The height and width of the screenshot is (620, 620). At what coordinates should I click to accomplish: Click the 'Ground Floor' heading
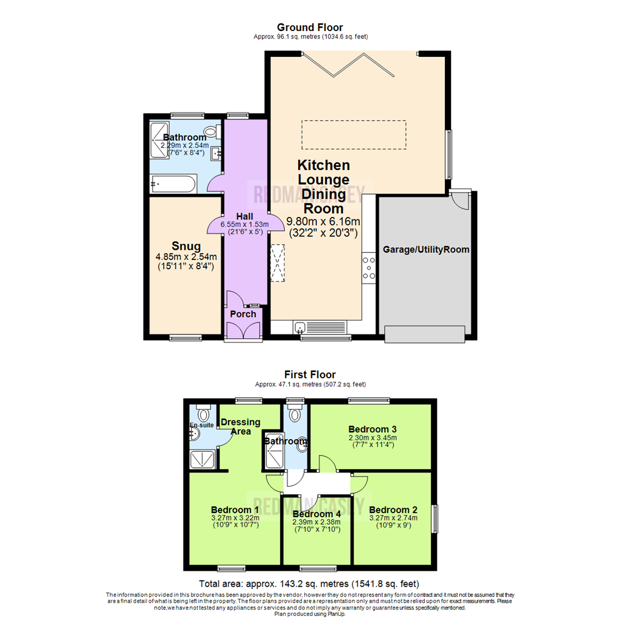310,27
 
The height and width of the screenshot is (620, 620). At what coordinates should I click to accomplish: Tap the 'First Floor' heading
310,375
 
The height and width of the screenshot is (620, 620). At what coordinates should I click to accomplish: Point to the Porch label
243,314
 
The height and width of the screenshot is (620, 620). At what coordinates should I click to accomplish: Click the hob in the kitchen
369,268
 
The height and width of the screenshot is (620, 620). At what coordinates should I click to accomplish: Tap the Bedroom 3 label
372,429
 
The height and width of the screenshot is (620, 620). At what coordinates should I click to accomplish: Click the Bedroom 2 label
393,510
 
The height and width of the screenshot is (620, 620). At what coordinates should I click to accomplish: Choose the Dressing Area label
241,427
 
